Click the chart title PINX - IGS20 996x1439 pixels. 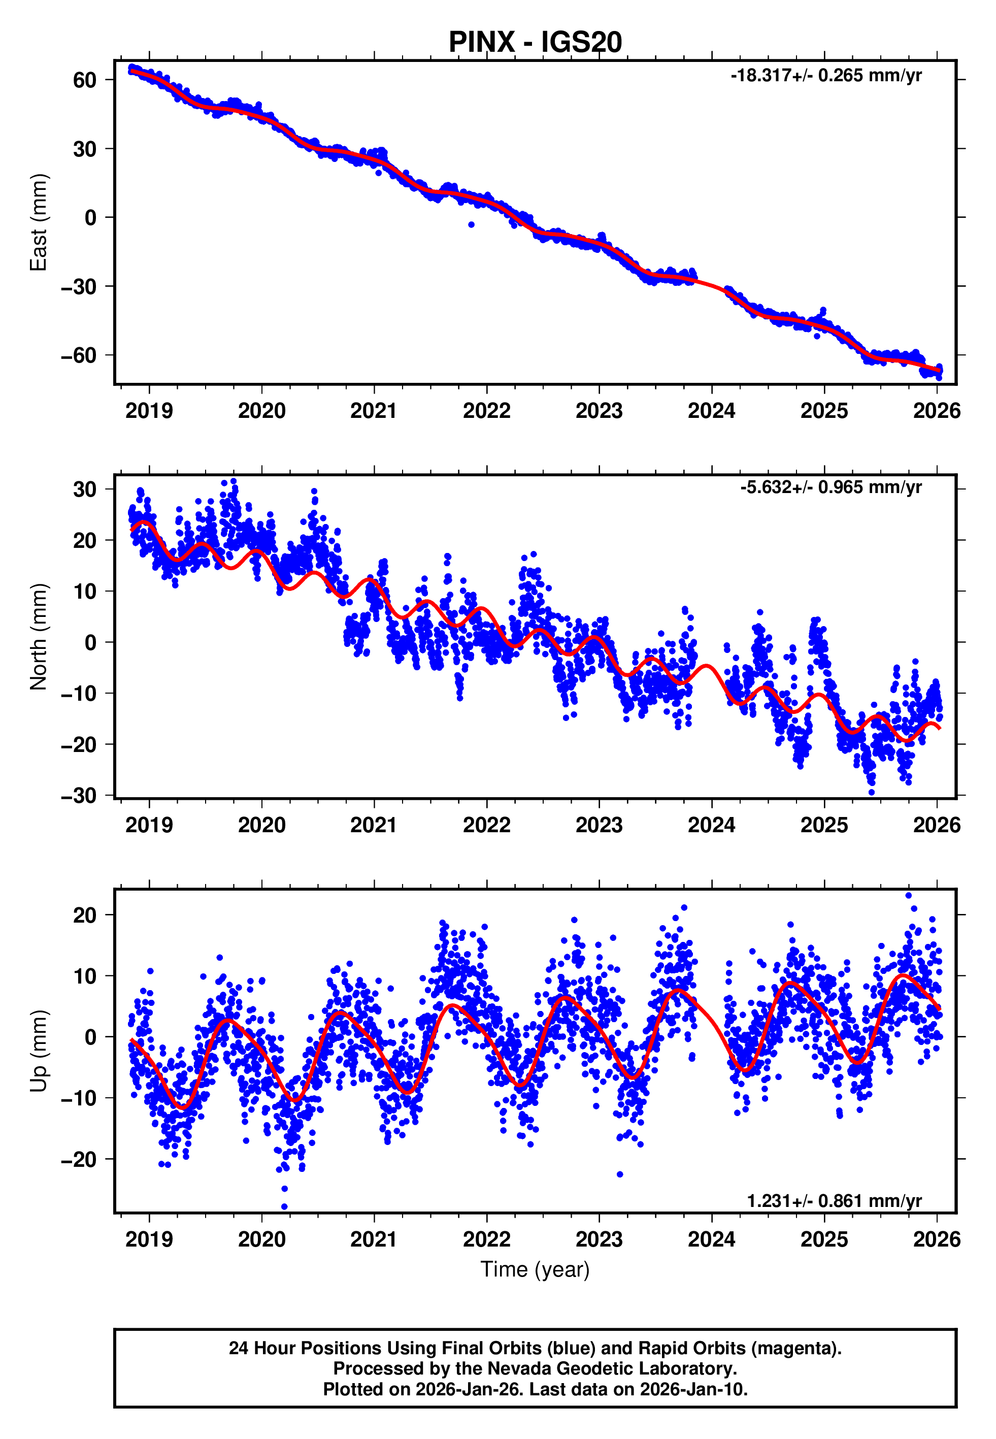pyautogui.click(x=535, y=43)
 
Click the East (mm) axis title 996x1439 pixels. pyautogui.click(x=39, y=222)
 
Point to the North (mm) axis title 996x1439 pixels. pyautogui.click(x=39, y=637)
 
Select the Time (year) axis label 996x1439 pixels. pyautogui.click(x=535, y=1269)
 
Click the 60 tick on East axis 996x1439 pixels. pyautogui.click(x=85, y=80)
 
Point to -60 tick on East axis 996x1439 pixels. pyautogui.click(x=79, y=356)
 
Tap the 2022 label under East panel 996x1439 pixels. pyautogui.click(x=486, y=411)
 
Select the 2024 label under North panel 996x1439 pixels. pyautogui.click(x=711, y=825)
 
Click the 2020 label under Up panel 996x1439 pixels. pyautogui.click(x=261, y=1239)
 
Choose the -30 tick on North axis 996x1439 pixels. pyautogui.click(x=79, y=796)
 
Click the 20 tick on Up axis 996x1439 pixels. pyautogui.click(x=85, y=915)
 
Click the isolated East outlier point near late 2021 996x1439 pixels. pyautogui.click(x=471, y=224)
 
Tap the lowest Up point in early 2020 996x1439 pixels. pyautogui.click(x=285, y=1207)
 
